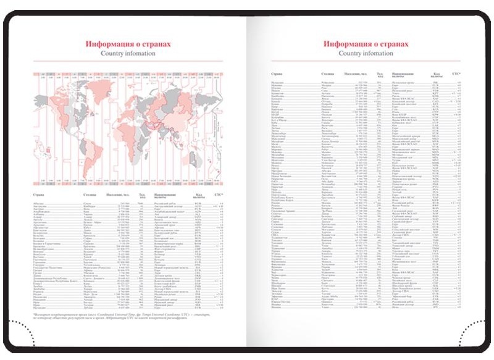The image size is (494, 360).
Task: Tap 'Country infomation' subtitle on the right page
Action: (x=366, y=54)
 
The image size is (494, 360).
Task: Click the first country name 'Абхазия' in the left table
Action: (x=38, y=202)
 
